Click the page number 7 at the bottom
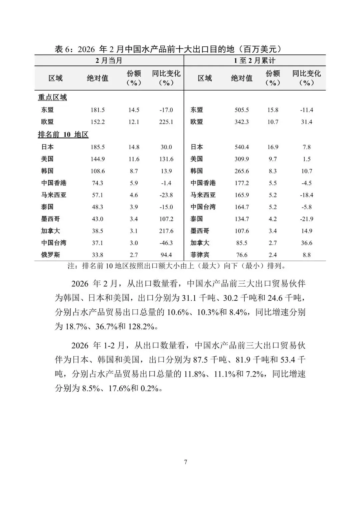[186, 462]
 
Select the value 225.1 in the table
[166, 122]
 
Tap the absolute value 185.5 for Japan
[98, 147]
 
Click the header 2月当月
[109, 61]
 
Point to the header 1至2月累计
[255, 61]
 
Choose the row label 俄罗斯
[51, 255]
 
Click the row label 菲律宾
[200, 255]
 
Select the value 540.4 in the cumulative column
[242, 147]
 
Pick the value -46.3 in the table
[166, 243]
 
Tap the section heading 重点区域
[52, 97]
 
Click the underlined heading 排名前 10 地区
[63, 135]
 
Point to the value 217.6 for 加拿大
[166, 231]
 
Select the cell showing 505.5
[242, 110]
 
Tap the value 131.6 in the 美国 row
[166, 159]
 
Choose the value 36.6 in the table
[307, 243]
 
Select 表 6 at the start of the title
[63, 49]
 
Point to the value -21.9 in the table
[307, 219]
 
